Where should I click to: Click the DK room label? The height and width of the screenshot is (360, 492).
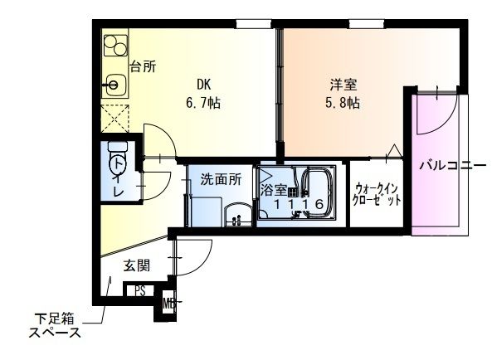(x=204, y=85)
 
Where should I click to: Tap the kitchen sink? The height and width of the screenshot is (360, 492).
(x=114, y=83)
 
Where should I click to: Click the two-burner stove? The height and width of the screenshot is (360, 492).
(x=114, y=46)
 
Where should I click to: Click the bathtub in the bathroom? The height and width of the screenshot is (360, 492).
(x=315, y=192)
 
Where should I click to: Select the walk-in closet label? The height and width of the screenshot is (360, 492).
(x=378, y=194)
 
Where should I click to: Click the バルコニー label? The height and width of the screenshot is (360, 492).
(x=451, y=166)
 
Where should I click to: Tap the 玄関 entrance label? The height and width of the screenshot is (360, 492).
(x=137, y=265)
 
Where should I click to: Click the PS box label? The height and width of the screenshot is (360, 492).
(x=140, y=291)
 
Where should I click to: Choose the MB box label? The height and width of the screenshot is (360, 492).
(x=168, y=303)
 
